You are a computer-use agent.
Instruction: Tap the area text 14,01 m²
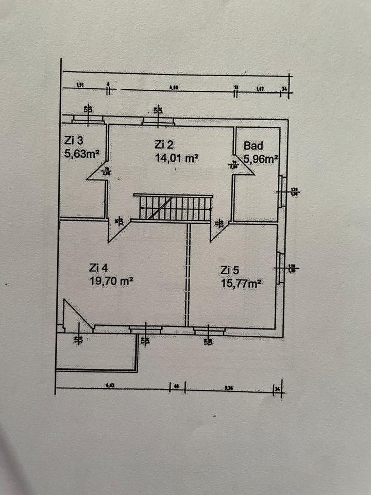coord(177,159)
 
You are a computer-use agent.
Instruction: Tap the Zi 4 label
coord(99,268)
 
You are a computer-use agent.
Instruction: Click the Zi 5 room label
coord(230,270)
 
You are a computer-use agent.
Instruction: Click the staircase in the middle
coord(173,207)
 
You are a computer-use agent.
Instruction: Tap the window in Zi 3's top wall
coord(88,119)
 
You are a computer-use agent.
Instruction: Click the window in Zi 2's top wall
coord(158,121)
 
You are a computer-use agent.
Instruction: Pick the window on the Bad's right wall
coord(282,191)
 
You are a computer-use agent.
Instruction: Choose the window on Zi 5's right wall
coord(281,268)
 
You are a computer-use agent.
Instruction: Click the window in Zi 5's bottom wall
coord(209,330)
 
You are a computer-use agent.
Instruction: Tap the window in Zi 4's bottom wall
coord(145,329)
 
